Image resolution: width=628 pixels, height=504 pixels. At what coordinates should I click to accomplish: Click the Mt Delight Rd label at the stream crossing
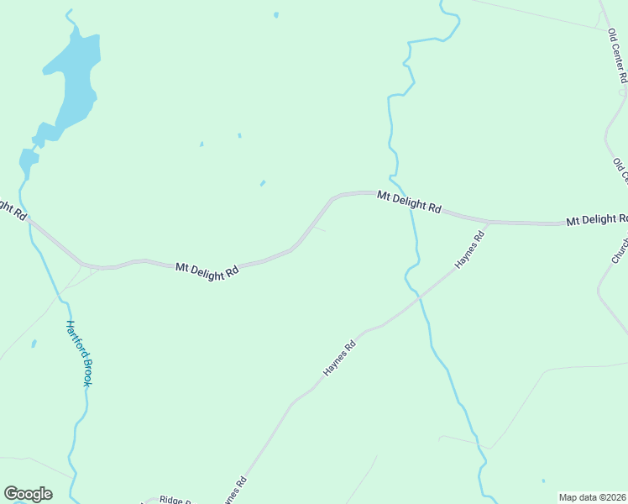pos(409,202)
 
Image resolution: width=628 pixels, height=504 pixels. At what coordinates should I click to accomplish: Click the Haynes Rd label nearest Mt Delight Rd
pos(471,251)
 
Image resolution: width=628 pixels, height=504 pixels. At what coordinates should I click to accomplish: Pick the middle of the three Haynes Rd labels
pos(340,358)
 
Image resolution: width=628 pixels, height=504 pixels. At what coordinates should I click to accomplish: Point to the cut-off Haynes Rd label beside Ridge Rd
pos(234,491)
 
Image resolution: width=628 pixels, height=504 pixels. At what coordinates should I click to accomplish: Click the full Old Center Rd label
pos(618,55)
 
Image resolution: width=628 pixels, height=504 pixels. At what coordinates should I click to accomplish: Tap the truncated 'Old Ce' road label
pos(620,170)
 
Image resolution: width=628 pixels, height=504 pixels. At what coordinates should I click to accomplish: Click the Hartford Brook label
pos(79,353)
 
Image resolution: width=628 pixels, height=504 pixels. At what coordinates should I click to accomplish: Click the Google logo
pos(28,494)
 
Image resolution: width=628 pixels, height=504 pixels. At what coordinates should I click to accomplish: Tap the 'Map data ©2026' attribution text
pos(592,497)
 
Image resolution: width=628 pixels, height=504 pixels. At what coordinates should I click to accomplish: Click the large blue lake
pos(75,80)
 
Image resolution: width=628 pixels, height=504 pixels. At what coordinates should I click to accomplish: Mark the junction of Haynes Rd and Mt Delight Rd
pos(489,223)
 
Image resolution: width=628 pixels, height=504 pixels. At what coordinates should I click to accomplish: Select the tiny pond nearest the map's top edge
pos(276,14)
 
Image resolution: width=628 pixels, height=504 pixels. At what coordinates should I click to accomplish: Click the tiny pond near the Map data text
pos(542,481)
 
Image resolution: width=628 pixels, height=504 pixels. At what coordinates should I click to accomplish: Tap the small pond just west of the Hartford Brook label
pos(34,344)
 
